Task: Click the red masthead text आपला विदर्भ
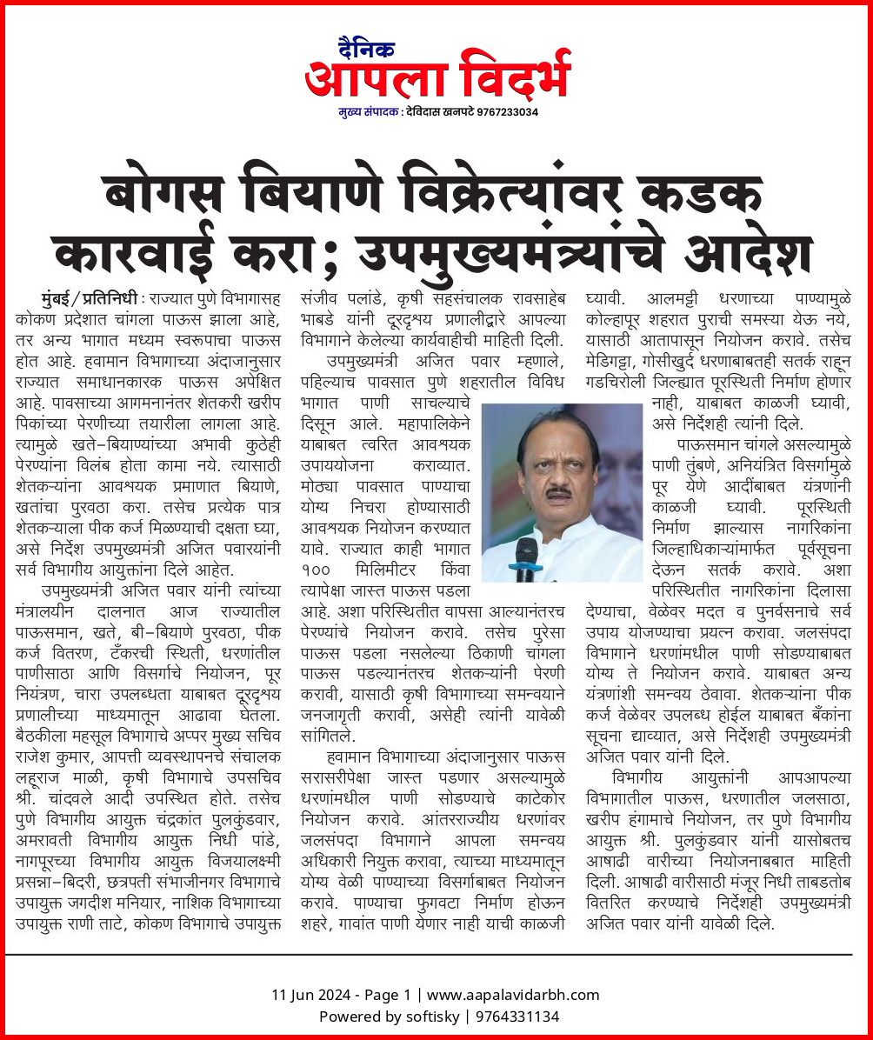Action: [437, 75]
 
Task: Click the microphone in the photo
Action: [527, 557]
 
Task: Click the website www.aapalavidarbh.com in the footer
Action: [513, 995]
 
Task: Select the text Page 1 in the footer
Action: [386, 995]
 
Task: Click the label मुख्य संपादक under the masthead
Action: [368, 112]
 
